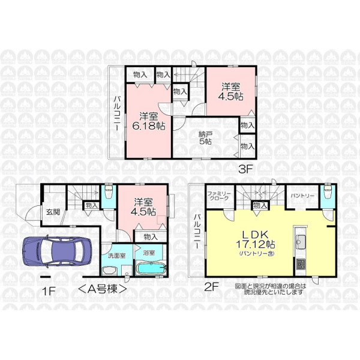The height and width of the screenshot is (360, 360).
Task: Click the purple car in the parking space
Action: pos(58,251)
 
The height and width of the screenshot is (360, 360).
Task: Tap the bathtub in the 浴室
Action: pos(151,269)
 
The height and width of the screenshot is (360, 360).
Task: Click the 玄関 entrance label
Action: pos(53,212)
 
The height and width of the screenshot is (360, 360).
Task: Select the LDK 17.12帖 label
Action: pos(256,241)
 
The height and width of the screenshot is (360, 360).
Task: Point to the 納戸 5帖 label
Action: pos(205,138)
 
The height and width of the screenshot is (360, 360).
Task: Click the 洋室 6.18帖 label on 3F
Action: pos(149,121)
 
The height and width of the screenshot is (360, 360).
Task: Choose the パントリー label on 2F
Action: pos(302,196)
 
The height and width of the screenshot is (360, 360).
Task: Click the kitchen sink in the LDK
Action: pos(300,242)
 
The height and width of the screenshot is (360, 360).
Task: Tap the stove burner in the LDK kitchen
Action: pos(301,264)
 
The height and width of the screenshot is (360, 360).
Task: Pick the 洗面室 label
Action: pos(116,256)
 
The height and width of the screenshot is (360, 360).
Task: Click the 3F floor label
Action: pos(245,170)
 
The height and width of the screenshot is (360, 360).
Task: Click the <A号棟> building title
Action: pos(103,289)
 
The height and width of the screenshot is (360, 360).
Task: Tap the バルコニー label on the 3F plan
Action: pos(118,113)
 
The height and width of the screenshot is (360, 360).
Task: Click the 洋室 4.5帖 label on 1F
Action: pos(143,206)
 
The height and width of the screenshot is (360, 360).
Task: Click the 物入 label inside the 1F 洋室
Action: pos(151,237)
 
